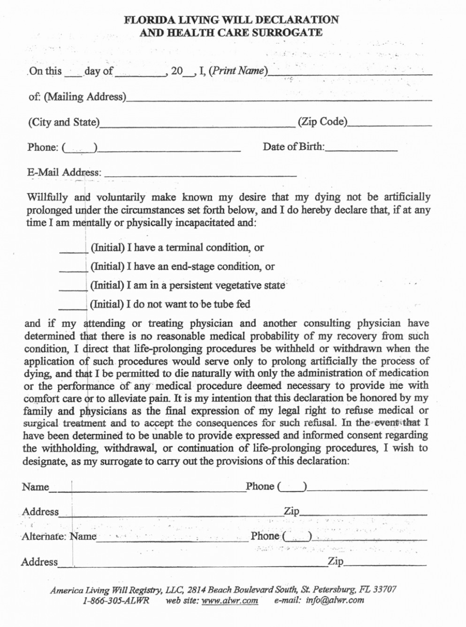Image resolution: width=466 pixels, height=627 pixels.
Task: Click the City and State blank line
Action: coord(197,124)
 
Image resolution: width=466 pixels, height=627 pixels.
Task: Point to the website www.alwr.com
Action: coord(229,601)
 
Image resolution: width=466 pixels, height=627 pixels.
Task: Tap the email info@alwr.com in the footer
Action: coord(335,600)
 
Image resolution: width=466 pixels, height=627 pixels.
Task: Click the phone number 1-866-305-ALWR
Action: coord(116,601)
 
